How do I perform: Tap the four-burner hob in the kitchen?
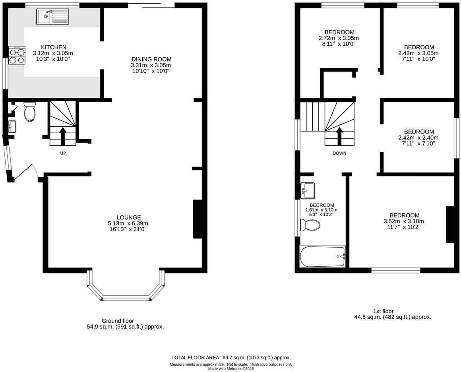click(17, 56)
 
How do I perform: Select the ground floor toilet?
click(30, 112)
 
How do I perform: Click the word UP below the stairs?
click(63, 153)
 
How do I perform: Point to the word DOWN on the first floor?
click(339, 153)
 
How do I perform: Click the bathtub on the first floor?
click(322, 256)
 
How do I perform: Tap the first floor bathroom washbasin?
click(308, 190)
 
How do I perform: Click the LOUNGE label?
click(128, 217)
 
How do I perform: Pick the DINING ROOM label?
click(151, 59)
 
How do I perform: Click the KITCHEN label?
click(53, 47)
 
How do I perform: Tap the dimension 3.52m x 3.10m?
click(404, 221)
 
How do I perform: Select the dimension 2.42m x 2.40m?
click(419, 138)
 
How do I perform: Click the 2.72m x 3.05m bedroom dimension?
click(339, 38)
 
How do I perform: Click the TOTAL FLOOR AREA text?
click(231, 357)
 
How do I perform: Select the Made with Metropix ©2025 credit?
click(231, 368)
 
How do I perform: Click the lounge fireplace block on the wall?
click(198, 219)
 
